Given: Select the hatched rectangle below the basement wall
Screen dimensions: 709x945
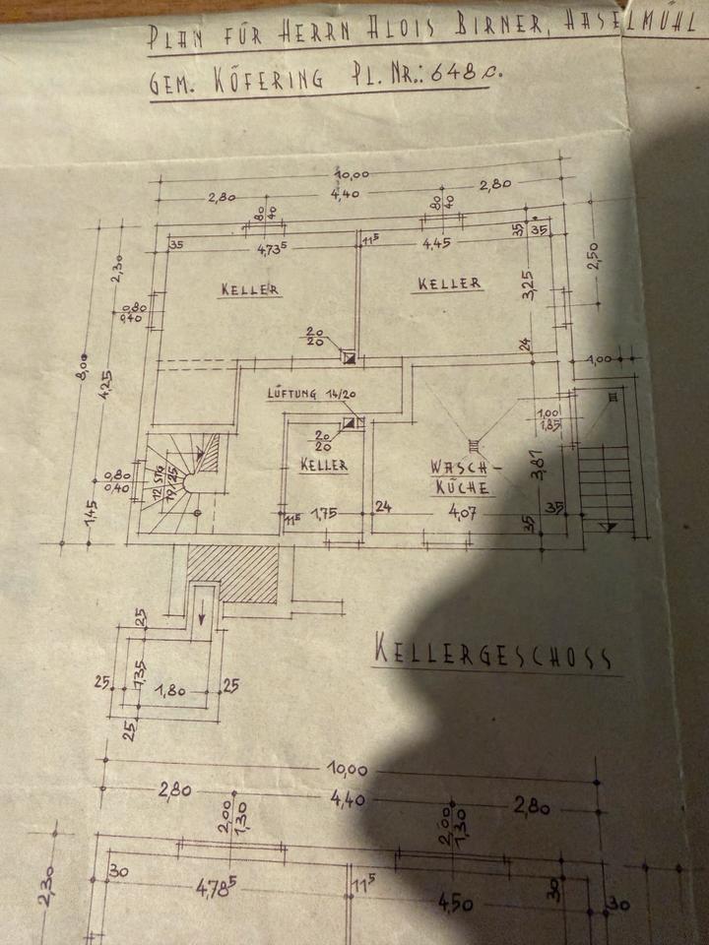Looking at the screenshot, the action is coord(232,574).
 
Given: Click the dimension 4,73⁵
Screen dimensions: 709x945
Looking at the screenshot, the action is coord(271,249).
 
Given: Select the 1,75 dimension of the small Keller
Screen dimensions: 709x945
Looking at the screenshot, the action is coord(325,512).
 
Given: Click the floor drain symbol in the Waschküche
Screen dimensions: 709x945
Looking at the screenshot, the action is coord(474,444).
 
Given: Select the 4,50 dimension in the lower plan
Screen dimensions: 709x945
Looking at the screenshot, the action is coord(454,903).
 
